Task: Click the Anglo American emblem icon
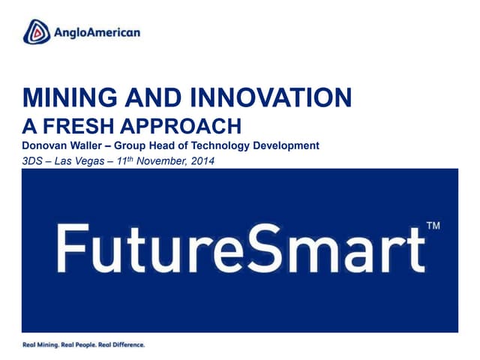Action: coord(36,32)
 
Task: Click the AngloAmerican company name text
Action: coord(96,32)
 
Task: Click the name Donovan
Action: coord(45,145)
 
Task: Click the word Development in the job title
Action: coord(288,145)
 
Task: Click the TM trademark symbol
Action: coord(433,224)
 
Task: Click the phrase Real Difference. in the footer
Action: coord(121,344)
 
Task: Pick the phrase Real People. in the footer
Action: coord(81,344)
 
